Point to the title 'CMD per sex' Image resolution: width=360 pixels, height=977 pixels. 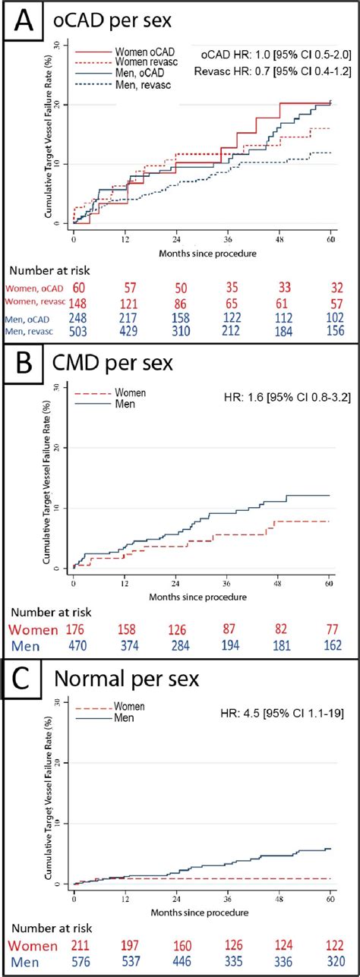coord(114,363)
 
